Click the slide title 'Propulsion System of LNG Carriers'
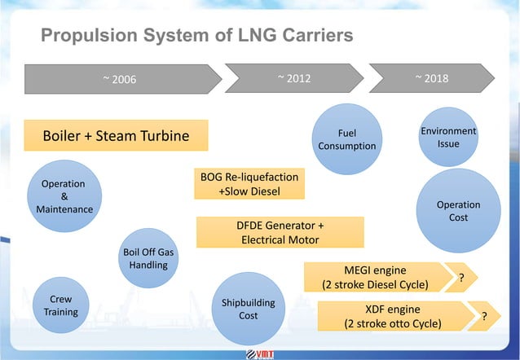pyautogui.click(x=196, y=36)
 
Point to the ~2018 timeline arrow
pyautogui.click(x=431, y=79)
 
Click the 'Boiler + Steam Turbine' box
pyautogui.click(x=116, y=136)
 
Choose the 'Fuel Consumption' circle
pyautogui.click(x=346, y=139)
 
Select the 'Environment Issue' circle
pyautogui.click(x=448, y=138)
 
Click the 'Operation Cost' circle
pyautogui.click(x=458, y=211)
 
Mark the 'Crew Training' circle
pyautogui.click(x=61, y=305)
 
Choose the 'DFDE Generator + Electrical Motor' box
pyautogui.click(x=280, y=231)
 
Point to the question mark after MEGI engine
pyautogui.click(x=463, y=279)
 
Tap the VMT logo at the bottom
pyautogui.click(x=261, y=353)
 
